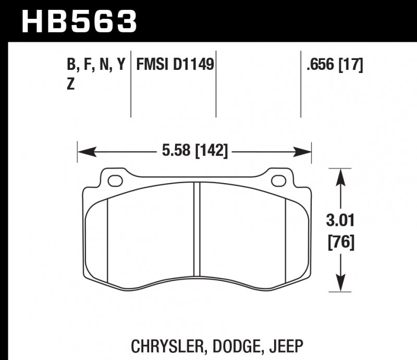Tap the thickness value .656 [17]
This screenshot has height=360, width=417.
coord(335,65)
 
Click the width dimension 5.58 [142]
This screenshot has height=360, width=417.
coord(195,152)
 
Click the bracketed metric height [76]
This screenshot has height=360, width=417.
coord(340,243)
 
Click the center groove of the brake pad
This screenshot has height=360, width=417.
coord(197,230)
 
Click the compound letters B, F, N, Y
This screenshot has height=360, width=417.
coord(96,65)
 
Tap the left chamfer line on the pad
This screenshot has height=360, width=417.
coord(107,241)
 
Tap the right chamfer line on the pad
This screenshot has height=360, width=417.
coord(287,241)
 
